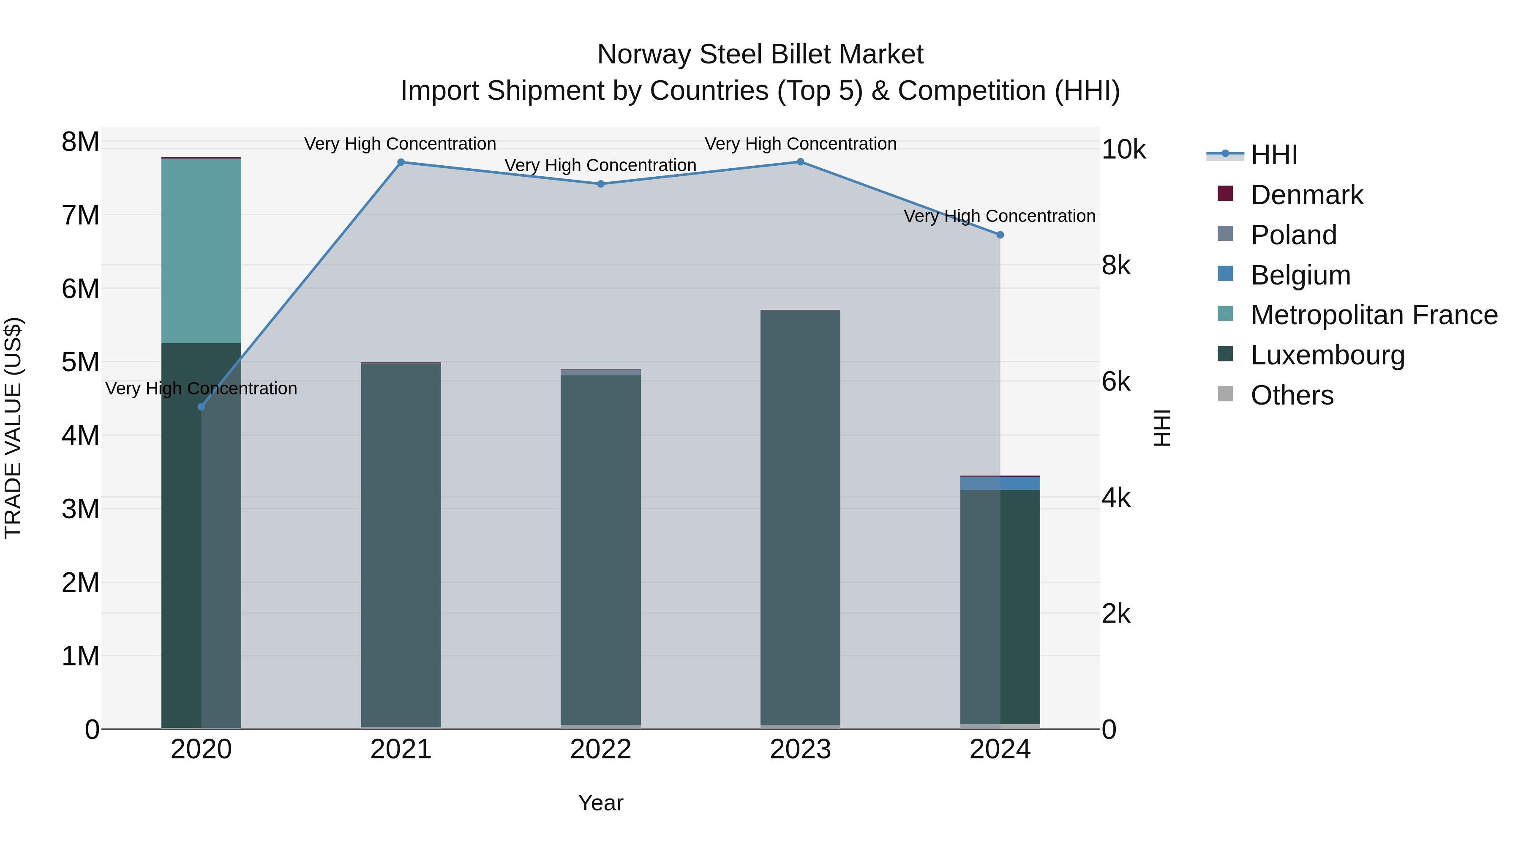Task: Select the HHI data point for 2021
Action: [x=401, y=162]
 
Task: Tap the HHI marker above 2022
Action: [x=600, y=184]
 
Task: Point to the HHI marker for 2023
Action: [x=800, y=161]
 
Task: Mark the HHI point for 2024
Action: [x=1000, y=235]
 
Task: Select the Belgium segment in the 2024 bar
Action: [x=1000, y=483]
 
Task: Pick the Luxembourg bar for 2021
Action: [x=401, y=544]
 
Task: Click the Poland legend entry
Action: [x=1293, y=235]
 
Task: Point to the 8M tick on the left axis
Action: [x=80, y=142]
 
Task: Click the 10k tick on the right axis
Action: [x=1123, y=150]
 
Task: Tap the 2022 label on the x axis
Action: [x=600, y=749]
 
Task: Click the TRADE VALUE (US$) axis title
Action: [x=13, y=428]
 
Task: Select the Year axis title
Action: [x=600, y=803]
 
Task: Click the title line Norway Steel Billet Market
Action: [x=760, y=55]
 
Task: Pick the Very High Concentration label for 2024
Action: [x=999, y=216]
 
